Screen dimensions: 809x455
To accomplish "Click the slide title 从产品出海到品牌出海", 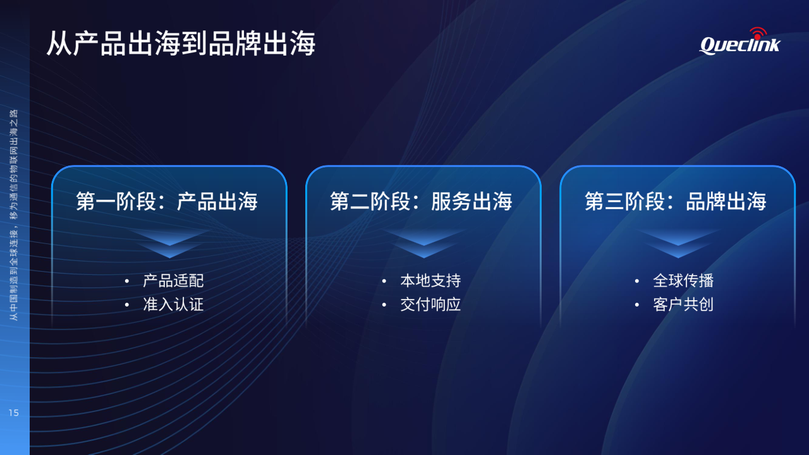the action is [181, 44].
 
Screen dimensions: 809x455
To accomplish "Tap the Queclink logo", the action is [739, 42].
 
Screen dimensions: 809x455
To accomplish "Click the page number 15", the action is [13, 413].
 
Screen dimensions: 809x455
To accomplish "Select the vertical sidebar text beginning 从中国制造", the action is [13, 215].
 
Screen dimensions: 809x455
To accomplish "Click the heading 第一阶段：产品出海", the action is [166, 201].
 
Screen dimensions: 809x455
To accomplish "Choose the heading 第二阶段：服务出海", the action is [421, 201].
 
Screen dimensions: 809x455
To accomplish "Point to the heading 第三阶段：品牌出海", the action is [676, 201].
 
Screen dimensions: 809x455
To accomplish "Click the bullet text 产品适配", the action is [173, 281].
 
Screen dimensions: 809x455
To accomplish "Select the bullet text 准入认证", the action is [173, 305].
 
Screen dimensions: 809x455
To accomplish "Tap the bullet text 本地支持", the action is [430, 281].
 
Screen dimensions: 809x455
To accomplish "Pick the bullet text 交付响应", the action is [430, 305].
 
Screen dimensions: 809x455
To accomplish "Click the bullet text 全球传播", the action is [683, 281].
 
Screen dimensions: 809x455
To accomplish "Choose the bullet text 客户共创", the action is [683, 305].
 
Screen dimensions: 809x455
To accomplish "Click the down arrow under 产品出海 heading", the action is [169, 243].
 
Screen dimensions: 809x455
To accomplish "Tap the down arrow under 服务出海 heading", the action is [423, 243].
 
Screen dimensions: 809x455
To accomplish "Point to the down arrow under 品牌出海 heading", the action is [678, 243].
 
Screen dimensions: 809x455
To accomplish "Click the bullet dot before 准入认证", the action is [127, 305].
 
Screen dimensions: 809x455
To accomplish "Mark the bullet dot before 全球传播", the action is [636, 281].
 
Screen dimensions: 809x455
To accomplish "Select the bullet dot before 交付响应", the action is [384, 305].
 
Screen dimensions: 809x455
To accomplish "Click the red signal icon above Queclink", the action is [758, 33].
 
